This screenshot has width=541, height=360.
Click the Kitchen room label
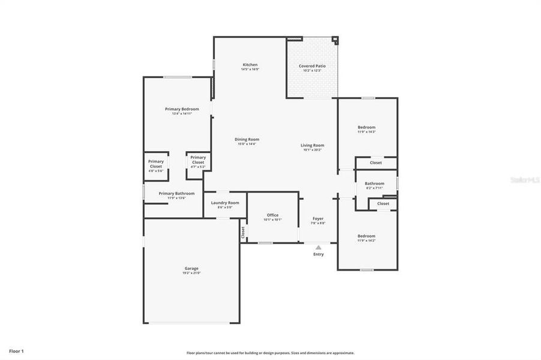click(x=250, y=65)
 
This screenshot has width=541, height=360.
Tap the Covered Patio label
click(x=312, y=65)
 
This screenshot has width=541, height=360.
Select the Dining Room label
click(x=247, y=139)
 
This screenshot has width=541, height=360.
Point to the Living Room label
click(x=312, y=145)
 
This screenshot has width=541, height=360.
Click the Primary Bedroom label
click(x=182, y=109)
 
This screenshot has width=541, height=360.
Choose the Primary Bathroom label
click(x=177, y=193)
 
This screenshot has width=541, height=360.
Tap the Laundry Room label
click(x=225, y=203)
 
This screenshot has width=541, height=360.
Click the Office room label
click(x=273, y=215)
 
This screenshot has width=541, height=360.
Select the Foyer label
click(x=318, y=218)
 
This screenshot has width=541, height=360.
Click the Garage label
click(x=192, y=268)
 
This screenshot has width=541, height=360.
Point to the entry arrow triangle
click(x=318, y=247)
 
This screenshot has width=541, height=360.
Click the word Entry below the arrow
click(x=318, y=254)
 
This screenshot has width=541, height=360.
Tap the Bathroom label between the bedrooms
click(x=375, y=184)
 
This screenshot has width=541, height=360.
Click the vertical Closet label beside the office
click(x=243, y=232)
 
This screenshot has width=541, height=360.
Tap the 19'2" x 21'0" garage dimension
click(x=192, y=273)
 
